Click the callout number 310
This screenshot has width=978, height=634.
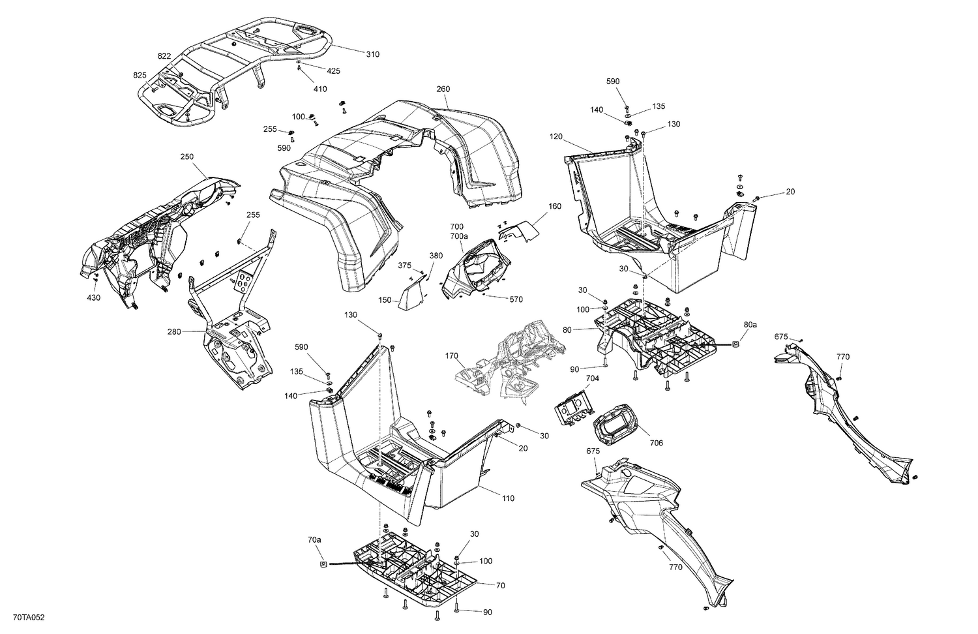pos(372,54)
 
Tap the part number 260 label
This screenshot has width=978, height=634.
pos(443,89)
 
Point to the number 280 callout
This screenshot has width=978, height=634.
pos(174,332)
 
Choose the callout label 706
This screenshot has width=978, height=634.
pos(656,443)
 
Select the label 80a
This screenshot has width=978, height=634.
pos(750,324)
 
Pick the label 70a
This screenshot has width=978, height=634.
pos(314,539)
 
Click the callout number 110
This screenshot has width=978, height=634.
pos(508,498)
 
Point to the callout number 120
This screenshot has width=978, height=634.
pos(556,137)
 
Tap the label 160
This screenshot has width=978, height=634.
pos(554,206)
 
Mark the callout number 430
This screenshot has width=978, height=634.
pos(94,298)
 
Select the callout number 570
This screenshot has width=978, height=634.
pos(516,299)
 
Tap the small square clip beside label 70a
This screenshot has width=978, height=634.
pos(323,564)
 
